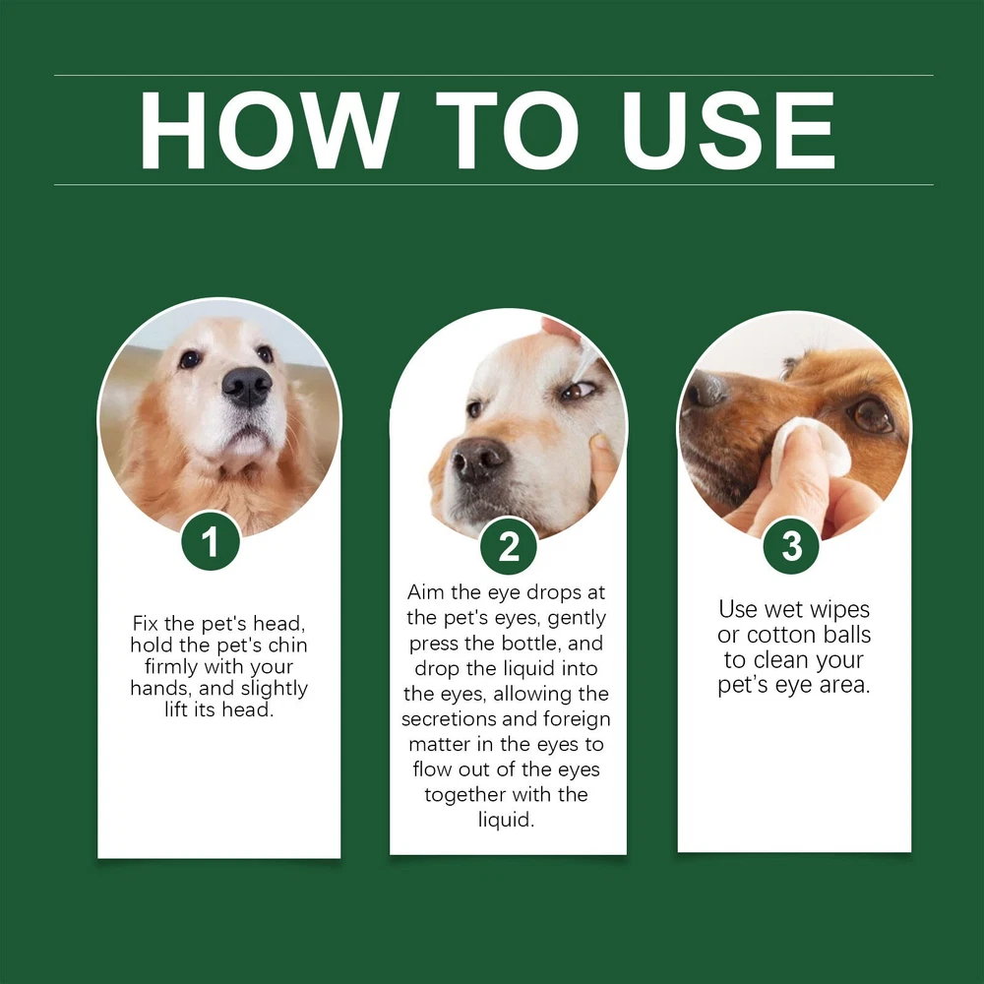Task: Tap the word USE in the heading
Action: point(728,131)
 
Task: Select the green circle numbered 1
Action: point(211,540)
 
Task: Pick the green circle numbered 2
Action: point(509,546)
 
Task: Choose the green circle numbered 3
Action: point(791,545)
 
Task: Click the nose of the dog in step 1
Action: point(247,386)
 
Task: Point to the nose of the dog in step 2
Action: point(479,460)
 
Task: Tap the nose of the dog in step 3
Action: point(705,389)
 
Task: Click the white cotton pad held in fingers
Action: point(810,447)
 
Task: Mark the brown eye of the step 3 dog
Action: point(872,414)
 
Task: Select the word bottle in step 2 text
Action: point(530,644)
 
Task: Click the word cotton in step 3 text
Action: point(774,635)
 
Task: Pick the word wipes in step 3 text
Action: point(838,610)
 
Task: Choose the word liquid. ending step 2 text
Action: point(507,821)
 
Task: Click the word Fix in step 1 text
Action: point(145,624)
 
